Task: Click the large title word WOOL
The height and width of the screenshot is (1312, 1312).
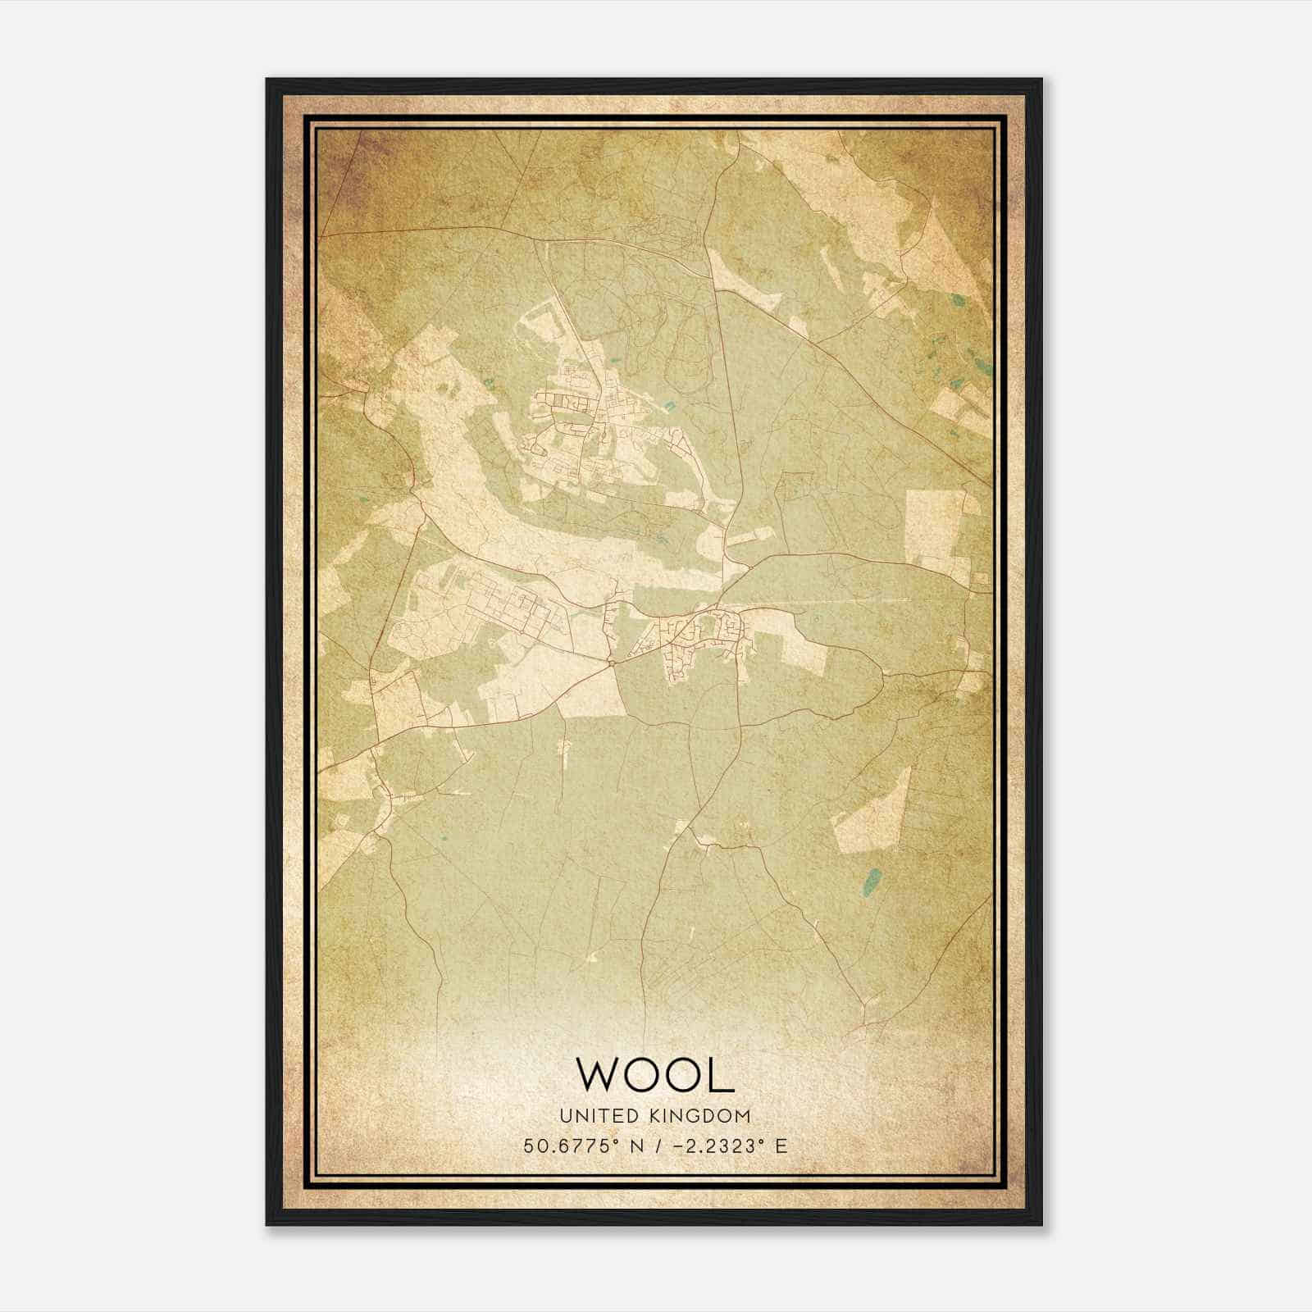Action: point(655,1074)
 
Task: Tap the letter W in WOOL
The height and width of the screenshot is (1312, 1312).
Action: point(599,1074)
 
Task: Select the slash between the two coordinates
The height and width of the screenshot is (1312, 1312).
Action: point(654,1146)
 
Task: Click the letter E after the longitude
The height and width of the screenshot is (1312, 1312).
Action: point(781,1146)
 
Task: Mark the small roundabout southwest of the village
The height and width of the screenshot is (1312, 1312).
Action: point(612,661)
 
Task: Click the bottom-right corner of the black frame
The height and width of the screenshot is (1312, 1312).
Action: point(1041,1224)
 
